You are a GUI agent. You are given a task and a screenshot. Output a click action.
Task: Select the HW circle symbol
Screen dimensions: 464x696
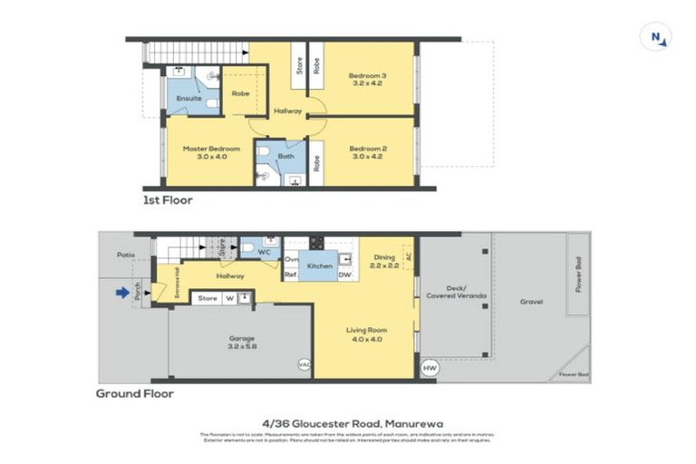click(430, 368)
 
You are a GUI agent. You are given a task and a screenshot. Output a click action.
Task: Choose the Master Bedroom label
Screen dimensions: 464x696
click(210, 149)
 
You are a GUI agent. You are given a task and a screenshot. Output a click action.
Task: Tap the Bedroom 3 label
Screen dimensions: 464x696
click(368, 76)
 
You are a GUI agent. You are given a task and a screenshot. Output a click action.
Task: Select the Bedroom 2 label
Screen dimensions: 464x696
click(368, 149)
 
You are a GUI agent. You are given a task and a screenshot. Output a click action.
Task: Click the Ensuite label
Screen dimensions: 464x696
click(188, 98)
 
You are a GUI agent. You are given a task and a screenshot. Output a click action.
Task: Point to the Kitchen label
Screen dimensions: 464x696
click(320, 266)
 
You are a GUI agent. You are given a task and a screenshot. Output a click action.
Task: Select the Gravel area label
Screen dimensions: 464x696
click(532, 301)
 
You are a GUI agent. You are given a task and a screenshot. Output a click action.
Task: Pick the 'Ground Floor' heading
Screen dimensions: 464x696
click(134, 394)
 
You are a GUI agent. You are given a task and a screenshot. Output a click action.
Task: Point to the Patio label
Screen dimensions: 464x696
click(125, 256)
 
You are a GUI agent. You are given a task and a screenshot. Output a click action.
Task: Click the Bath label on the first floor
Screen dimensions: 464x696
click(286, 157)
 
